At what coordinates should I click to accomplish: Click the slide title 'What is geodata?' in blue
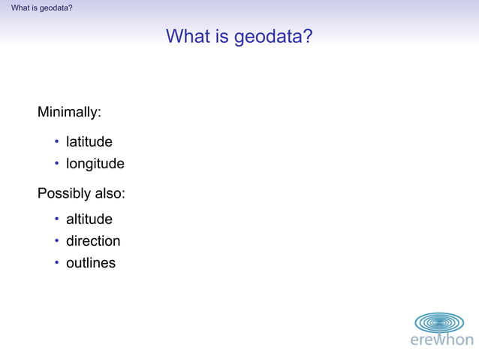pyautogui.click(x=239, y=36)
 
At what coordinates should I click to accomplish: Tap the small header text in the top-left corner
pyautogui.click(x=42, y=8)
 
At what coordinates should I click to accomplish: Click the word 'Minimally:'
pyautogui.click(x=69, y=113)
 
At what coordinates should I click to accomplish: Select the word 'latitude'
pyautogui.click(x=89, y=141)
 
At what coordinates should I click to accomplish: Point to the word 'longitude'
pyautogui.click(x=95, y=164)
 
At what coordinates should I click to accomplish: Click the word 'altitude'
pyautogui.click(x=89, y=219)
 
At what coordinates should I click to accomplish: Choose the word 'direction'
pyautogui.click(x=93, y=241)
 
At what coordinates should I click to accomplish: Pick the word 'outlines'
pyautogui.click(x=91, y=263)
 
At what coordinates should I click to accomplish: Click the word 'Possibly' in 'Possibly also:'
pyautogui.click(x=64, y=194)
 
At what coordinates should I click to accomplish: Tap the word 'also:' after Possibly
pyautogui.click(x=110, y=194)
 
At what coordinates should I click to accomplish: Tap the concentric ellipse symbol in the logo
pyautogui.click(x=440, y=322)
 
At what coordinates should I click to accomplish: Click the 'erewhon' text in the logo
pyautogui.click(x=441, y=340)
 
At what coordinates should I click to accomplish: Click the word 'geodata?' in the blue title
pyautogui.click(x=273, y=36)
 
